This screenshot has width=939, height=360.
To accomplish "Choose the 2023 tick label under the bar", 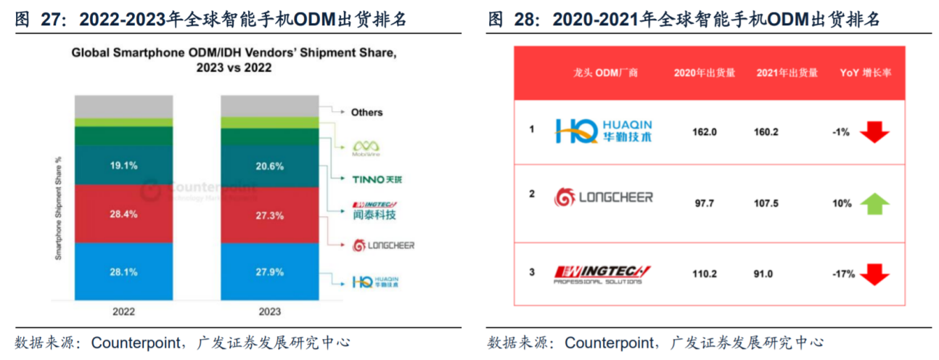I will (x=268, y=311).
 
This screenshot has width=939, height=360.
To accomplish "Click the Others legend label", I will (x=366, y=112).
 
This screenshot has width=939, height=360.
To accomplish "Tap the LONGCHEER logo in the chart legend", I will (x=383, y=245).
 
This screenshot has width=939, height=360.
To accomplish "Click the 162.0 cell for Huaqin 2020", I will (x=705, y=132).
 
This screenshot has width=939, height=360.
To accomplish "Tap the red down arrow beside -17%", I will (x=874, y=274).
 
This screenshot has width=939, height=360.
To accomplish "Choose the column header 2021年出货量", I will (x=787, y=73).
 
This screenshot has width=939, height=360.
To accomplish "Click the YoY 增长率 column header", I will (x=865, y=73).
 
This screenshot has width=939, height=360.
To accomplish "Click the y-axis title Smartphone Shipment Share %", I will (x=58, y=208).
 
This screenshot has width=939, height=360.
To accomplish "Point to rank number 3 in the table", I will (x=532, y=273).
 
